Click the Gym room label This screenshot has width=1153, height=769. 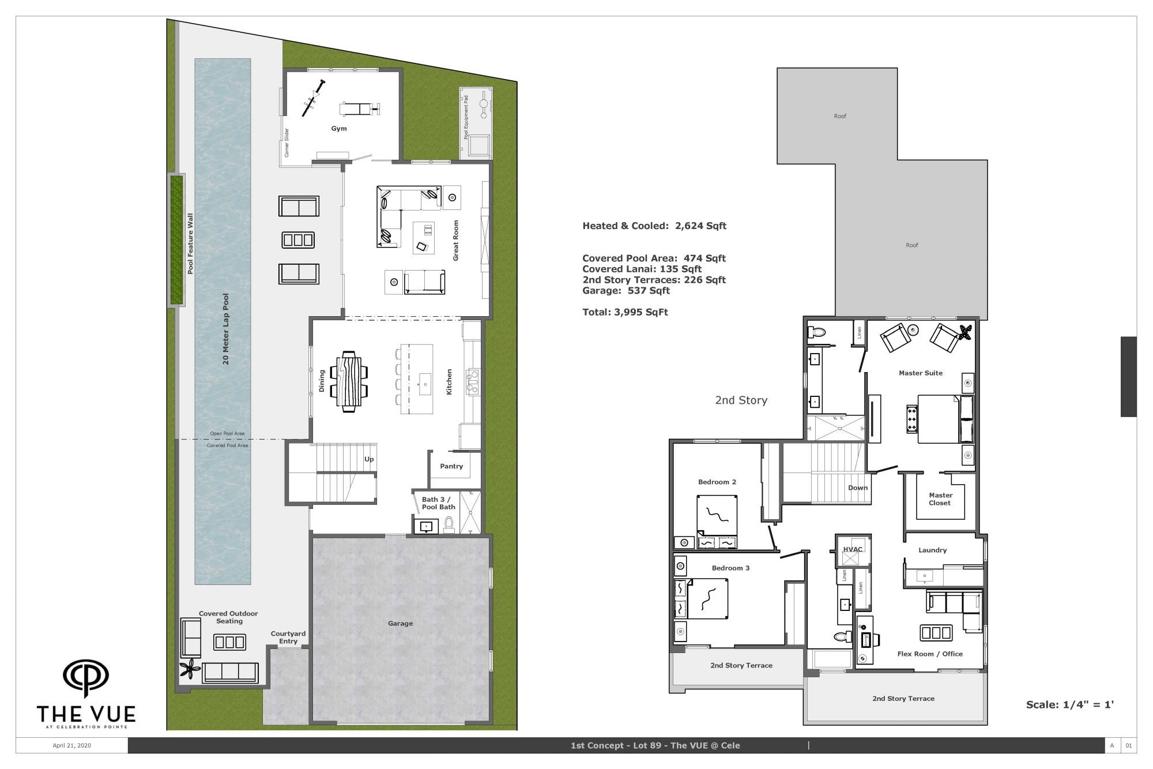click(x=339, y=129)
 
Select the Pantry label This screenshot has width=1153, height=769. click(x=451, y=466)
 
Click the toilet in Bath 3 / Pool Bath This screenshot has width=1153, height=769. click(x=449, y=524)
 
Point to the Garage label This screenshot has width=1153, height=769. click(x=400, y=623)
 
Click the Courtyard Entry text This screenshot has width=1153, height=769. click(x=288, y=637)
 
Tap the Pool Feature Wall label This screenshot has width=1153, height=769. click(x=190, y=243)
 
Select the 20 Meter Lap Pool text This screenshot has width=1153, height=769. click(x=226, y=329)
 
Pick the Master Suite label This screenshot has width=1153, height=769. click(x=921, y=373)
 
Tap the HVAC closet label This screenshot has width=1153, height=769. click(x=853, y=549)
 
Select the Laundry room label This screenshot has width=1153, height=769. click(x=932, y=550)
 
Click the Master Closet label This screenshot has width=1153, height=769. click(x=940, y=499)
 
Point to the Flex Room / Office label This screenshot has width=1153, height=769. click(x=930, y=654)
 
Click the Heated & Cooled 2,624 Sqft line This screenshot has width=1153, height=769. click(x=654, y=226)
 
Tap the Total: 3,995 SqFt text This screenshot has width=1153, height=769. click(x=625, y=312)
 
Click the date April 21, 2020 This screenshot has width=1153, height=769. click(x=72, y=745)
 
